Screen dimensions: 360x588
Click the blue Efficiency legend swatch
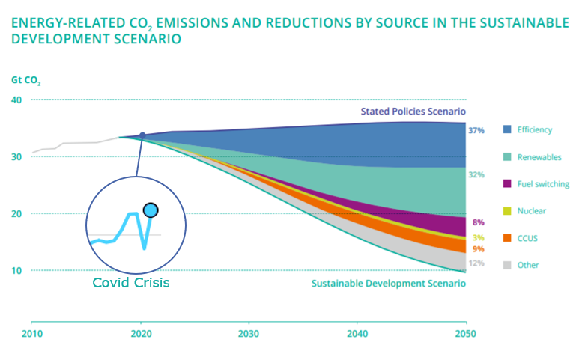tap(508, 129)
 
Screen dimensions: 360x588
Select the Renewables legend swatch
tap(508, 157)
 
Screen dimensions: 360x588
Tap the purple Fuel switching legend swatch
tap(508, 183)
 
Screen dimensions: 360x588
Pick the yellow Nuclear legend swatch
tap(508, 211)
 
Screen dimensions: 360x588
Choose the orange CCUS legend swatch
tap(508, 238)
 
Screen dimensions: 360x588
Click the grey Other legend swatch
tap(508, 265)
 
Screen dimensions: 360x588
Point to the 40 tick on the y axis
tap(16, 100)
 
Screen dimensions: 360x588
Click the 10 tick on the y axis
tap(16, 270)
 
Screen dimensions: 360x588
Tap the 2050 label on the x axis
tap(466, 333)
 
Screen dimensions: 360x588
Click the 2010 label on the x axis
tap(31, 333)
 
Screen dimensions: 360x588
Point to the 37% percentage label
tap(476, 130)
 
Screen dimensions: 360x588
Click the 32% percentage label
tap(476, 174)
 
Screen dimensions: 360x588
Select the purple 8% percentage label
tap(479, 222)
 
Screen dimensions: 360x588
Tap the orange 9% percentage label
tap(479, 248)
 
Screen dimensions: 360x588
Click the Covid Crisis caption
tap(131, 283)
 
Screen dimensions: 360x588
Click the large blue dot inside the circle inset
tap(151, 210)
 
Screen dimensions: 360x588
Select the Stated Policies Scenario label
tap(413, 112)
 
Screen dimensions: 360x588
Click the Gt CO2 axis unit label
tap(25, 79)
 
